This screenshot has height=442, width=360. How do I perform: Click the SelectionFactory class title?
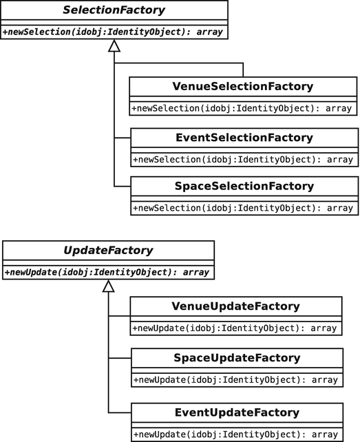(x=114, y=11)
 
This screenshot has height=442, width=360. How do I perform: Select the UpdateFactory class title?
(x=108, y=251)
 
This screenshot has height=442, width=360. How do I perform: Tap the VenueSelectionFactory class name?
(x=244, y=87)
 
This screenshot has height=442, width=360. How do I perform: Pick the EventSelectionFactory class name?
(x=244, y=138)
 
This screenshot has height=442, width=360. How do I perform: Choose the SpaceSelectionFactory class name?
(x=244, y=186)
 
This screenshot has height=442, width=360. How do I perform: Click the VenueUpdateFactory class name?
(x=235, y=306)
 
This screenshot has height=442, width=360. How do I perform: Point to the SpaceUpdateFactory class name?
(x=235, y=357)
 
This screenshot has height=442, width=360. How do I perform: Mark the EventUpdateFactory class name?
(x=235, y=412)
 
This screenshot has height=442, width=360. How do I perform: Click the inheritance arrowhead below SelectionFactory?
(x=114, y=46)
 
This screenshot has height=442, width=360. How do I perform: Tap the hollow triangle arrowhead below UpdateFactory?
(x=108, y=286)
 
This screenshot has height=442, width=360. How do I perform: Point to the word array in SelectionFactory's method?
(x=208, y=32)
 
